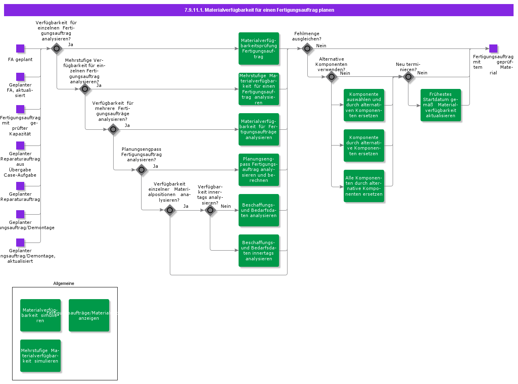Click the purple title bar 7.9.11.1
(259, 10)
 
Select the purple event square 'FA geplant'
(20, 49)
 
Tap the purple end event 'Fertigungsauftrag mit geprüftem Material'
(493, 49)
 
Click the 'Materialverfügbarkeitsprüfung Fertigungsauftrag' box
(259, 49)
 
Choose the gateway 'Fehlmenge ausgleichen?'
(307, 49)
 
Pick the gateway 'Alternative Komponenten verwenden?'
(332, 77)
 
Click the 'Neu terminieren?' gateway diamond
(408, 77)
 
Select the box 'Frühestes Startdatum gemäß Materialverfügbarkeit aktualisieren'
(441, 105)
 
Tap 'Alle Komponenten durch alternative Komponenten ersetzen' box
(364, 186)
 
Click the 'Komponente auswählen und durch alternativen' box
(364, 105)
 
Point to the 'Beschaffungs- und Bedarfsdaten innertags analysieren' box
(259, 251)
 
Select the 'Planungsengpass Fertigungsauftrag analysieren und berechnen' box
(259, 170)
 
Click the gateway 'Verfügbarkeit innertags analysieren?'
(210, 210)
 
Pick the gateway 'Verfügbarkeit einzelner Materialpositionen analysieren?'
(170, 210)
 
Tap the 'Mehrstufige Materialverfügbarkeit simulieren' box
(40, 356)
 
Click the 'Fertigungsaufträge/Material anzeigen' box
(89, 315)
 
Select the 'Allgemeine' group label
(64, 283)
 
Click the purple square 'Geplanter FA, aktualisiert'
(20, 77)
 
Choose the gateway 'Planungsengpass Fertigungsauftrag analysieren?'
(142, 170)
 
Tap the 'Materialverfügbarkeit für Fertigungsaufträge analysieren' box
(259, 129)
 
